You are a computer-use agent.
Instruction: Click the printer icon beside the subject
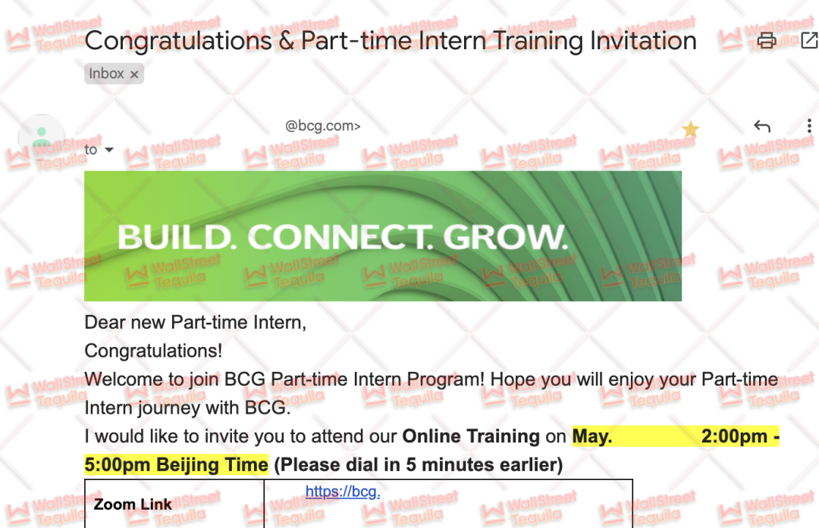[x=766, y=40]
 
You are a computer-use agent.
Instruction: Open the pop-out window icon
[x=809, y=40]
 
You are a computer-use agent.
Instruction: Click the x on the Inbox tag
[x=134, y=74]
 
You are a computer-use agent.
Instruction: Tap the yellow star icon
[x=691, y=128]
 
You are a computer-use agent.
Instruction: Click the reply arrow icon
[x=762, y=126]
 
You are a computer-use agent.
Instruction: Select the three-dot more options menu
[x=809, y=126]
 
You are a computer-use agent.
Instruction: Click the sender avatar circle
[x=41, y=137]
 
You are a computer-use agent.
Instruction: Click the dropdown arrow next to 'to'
[x=109, y=150]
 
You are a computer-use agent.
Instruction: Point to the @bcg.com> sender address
[x=323, y=126]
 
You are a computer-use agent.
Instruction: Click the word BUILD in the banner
[x=175, y=237]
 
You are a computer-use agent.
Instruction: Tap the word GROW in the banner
[x=505, y=237]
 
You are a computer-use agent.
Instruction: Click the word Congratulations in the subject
[x=178, y=42]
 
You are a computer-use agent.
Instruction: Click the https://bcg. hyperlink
[x=343, y=492]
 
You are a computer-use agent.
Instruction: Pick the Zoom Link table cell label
[x=133, y=505]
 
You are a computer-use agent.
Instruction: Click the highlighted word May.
[x=592, y=436]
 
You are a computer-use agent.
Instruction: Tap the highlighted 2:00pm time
[x=734, y=436]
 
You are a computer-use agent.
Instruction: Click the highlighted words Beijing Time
[x=212, y=464]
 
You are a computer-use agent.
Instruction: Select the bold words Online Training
[x=471, y=436]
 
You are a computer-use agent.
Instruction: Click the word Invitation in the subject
[x=644, y=41]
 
